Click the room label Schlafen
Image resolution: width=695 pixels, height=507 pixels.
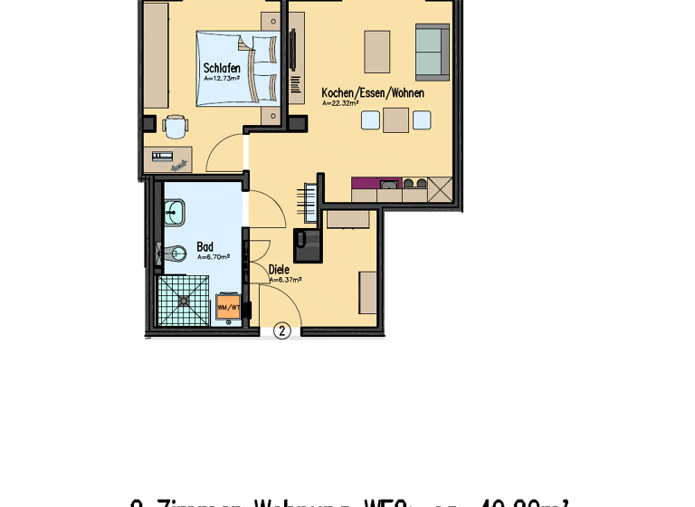[222, 68]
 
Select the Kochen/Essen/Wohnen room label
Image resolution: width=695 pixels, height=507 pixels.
[372, 93]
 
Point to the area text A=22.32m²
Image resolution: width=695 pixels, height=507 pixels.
[340, 103]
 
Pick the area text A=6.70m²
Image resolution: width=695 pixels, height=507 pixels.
[213, 257]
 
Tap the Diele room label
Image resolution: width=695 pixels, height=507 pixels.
[279, 269]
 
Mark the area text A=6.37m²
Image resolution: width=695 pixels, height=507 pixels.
[285, 280]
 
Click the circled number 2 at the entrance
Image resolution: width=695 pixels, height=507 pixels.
[281, 331]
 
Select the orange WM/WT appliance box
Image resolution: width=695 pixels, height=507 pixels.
[228, 308]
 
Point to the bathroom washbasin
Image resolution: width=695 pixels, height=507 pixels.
[174, 213]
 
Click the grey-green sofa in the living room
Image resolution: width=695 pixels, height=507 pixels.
[432, 51]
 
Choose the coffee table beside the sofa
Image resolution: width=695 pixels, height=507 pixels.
[377, 52]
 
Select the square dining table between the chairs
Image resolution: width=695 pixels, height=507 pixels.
[395, 120]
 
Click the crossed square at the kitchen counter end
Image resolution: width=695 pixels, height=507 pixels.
[440, 189]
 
